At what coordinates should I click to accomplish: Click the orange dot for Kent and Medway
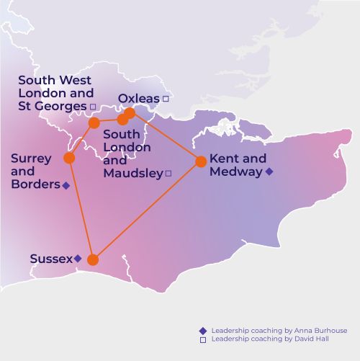201,161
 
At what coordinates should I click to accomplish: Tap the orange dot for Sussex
93,260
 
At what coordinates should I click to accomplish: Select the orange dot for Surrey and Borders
70,158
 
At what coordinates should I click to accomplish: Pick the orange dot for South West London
94,123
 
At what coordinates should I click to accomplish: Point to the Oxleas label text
139,98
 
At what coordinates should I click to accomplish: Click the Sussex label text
51,258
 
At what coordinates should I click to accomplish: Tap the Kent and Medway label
238,165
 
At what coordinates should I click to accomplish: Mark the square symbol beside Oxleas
165,98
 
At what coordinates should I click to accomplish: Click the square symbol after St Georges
93,107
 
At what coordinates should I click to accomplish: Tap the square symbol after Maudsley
168,173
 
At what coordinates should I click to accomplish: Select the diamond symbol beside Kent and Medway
269,171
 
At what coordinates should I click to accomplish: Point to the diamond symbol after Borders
66,185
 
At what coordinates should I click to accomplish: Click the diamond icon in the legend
202,331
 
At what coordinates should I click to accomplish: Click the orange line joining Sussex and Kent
147,210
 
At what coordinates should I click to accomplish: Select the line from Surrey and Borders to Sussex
81,209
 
